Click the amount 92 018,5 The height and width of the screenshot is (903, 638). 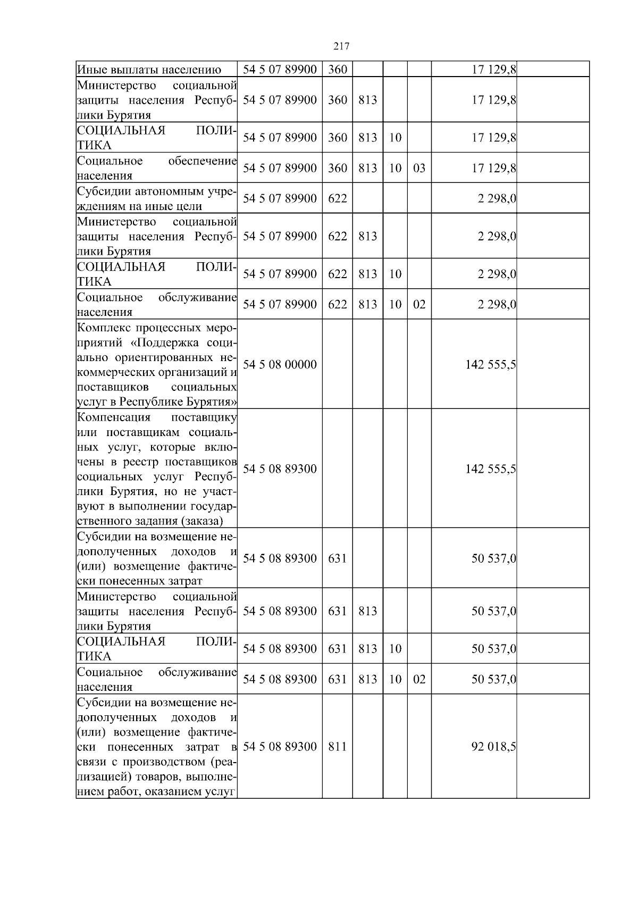(x=493, y=747)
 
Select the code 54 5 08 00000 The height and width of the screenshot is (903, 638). (x=280, y=364)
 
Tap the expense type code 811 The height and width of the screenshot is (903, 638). (x=337, y=747)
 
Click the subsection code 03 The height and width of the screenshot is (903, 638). (x=419, y=168)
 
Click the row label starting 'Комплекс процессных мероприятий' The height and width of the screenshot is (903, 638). (x=157, y=364)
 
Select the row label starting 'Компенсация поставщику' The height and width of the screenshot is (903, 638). (x=157, y=469)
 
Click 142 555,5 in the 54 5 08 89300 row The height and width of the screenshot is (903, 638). (x=490, y=469)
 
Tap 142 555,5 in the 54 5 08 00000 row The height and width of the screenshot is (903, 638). (x=490, y=365)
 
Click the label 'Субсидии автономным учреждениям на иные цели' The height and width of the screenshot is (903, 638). (x=157, y=198)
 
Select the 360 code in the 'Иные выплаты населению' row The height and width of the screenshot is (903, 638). (x=337, y=70)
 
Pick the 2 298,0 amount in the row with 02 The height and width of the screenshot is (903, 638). (x=497, y=305)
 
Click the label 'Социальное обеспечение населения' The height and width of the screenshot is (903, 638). (x=157, y=168)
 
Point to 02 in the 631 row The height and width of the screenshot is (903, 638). (x=419, y=679)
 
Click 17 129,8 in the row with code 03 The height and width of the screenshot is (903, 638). (x=493, y=169)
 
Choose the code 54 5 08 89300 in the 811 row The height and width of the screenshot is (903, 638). (x=280, y=747)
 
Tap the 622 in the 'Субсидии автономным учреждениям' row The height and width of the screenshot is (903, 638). (x=337, y=198)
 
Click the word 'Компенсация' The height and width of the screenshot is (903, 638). (x=114, y=417)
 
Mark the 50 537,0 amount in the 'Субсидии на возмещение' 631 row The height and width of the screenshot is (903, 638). (x=493, y=559)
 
